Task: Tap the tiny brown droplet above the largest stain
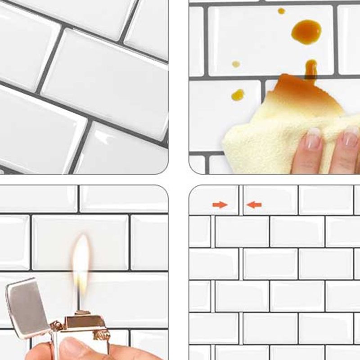[281, 11]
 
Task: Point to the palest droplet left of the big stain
[236, 64]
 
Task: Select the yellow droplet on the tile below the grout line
[238, 94]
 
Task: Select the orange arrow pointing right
[220, 205]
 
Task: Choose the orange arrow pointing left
[254, 205]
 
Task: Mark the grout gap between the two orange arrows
[241, 200]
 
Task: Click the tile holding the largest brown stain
[270, 40]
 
